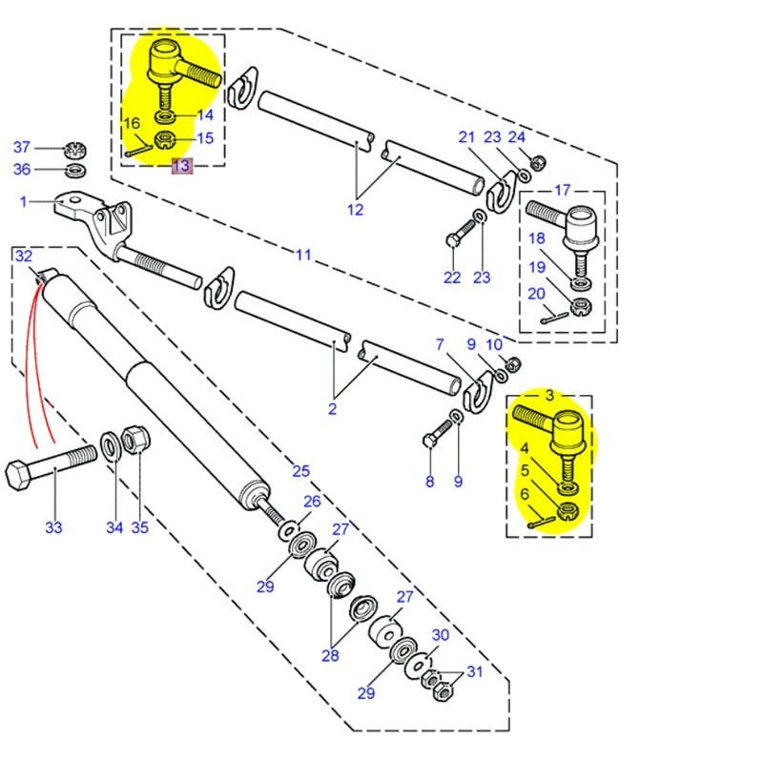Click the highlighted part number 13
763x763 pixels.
[181, 166]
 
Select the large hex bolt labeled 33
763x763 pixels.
[48, 472]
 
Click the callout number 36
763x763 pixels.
[21, 170]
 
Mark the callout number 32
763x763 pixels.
[24, 256]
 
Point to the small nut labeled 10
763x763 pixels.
[509, 362]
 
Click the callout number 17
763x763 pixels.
[562, 190]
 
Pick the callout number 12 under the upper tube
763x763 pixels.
[355, 210]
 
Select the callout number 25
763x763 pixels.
[300, 471]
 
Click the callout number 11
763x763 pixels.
[303, 255]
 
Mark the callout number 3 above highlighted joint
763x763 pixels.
[548, 395]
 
